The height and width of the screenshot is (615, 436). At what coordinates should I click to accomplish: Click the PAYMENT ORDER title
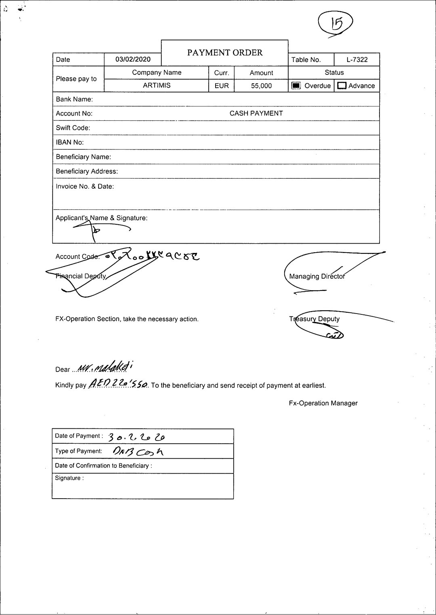point(225,53)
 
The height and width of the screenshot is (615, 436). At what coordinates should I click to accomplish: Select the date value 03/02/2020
point(133,59)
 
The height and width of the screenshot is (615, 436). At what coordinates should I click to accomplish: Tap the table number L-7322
point(357,59)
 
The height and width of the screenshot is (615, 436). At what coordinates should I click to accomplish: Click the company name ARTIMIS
point(157,86)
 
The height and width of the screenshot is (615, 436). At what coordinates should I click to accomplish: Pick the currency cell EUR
point(222,86)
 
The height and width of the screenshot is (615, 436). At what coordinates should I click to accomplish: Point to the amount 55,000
point(261,86)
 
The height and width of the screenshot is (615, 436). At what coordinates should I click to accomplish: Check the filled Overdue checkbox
point(296,86)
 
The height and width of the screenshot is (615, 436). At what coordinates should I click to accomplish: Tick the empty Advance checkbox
point(342,86)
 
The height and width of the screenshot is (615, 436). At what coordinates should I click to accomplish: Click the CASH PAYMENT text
point(256,114)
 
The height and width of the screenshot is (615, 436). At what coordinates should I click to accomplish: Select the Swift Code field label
point(73,128)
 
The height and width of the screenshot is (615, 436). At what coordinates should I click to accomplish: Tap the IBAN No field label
point(70,142)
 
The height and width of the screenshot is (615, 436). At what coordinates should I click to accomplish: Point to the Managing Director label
point(317,276)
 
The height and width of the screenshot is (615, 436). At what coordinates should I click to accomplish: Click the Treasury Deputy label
point(314,319)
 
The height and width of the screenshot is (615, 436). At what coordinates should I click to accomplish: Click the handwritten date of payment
point(136,437)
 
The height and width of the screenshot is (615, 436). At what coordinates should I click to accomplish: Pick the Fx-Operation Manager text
point(323,403)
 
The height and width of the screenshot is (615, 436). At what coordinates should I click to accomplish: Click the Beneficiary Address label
point(87,171)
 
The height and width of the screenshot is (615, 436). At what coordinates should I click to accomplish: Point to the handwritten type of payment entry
point(138,451)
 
